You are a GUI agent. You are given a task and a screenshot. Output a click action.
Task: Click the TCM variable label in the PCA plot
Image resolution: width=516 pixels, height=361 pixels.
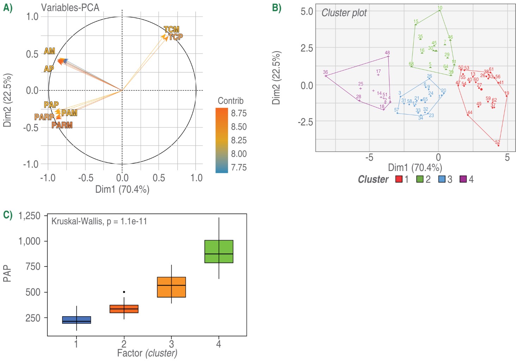[172, 30]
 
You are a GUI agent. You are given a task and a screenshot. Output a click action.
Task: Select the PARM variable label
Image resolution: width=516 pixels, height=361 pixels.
[62, 125]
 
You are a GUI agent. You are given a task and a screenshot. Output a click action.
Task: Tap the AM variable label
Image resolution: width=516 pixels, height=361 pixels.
[49, 51]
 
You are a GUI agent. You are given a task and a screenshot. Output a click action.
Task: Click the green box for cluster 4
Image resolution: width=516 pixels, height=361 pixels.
[219, 251]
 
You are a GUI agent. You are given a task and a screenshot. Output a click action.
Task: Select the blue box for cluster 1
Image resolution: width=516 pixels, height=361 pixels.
[76, 320]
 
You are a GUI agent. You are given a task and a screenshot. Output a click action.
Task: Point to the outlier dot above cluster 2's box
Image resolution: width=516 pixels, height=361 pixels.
[124, 292]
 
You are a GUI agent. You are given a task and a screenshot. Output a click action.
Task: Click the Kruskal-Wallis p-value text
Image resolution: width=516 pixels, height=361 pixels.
[99, 221]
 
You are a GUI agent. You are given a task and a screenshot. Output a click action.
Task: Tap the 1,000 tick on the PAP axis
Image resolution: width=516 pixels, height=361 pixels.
[29, 241]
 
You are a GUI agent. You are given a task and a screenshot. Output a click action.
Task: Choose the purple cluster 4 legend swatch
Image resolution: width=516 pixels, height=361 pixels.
[463, 179]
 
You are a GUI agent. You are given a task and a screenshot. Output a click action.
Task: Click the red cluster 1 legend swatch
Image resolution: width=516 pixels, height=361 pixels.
[399, 179]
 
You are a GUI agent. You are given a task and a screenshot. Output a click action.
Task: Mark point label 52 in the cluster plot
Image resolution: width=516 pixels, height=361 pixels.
[497, 142]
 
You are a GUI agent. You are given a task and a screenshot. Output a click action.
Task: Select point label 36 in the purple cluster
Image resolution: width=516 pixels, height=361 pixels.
[325, 72]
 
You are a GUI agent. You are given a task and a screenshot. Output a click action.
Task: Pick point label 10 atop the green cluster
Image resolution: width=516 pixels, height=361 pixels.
[440, 8]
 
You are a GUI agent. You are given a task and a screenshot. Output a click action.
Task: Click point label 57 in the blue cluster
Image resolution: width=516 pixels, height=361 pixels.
[397, 110]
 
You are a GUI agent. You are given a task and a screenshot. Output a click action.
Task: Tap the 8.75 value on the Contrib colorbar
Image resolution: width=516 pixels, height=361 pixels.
[239, 113]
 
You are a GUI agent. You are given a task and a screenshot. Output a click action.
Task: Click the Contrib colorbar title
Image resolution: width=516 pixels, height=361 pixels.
[231, 101]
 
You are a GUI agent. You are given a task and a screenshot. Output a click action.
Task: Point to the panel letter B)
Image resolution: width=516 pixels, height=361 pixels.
[277, 8]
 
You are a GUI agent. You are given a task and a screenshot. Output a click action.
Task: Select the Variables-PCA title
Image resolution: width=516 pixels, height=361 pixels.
[70, 7]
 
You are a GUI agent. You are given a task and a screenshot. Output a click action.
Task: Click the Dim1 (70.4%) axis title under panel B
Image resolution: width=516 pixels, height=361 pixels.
[415, 167]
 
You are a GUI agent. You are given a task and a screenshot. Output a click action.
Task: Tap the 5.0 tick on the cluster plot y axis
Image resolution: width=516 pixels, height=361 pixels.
[307, 11]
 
